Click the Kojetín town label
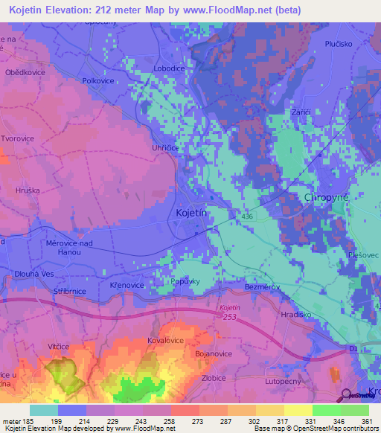click(190, 213)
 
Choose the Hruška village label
click(28, 190)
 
